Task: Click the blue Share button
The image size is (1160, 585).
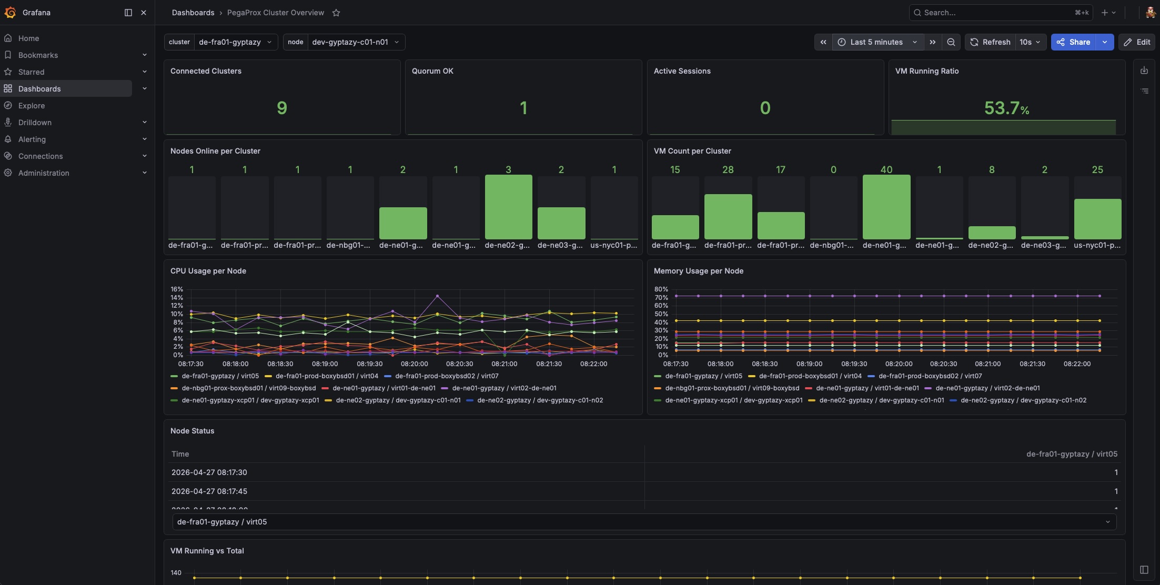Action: pyautogui.click(x=1073, y=42)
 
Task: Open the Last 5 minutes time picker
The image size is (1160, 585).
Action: pyautogui.click(x=877, y=42)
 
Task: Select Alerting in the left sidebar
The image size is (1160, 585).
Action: pyautogui.click(x=32, y=139)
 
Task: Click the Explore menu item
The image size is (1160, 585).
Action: pyautogui.click(x=32, y=106)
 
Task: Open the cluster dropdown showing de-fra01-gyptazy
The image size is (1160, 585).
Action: pyautogui.click(x=235, y=42)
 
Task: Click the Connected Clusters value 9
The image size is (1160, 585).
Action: pyautogui.click(x=282, y=108)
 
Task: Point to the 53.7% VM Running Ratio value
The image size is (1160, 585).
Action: pyautogui.click(x=1006, y=108)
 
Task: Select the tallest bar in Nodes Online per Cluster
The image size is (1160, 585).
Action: pyautogui.click(x=508, y=207)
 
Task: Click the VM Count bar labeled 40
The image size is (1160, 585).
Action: pyautogui.click(x=886, y=207)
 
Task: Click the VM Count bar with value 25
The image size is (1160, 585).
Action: pyautogui.click(x=1097, y=219)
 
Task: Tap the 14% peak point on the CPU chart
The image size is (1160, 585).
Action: pyautogui.click(x=437, y=296)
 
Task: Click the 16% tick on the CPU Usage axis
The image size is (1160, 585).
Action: pyautogui.click(x=177, y=289)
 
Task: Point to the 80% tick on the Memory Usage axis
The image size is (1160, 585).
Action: pyautogui.click(x=661, y=289)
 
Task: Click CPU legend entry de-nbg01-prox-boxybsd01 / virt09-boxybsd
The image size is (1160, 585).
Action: pyautogui.click(x=248, y=388)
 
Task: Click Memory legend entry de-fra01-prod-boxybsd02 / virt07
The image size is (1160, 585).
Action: pyautogui.click(x=930, y=376)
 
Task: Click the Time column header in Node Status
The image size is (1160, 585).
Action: pyautogui.click(x=180, y=454)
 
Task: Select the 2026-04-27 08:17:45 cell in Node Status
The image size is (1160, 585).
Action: pyautogui.click(x=209, y=491)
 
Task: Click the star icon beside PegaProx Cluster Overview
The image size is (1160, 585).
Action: pyautogui.click(x=336, y=13)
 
